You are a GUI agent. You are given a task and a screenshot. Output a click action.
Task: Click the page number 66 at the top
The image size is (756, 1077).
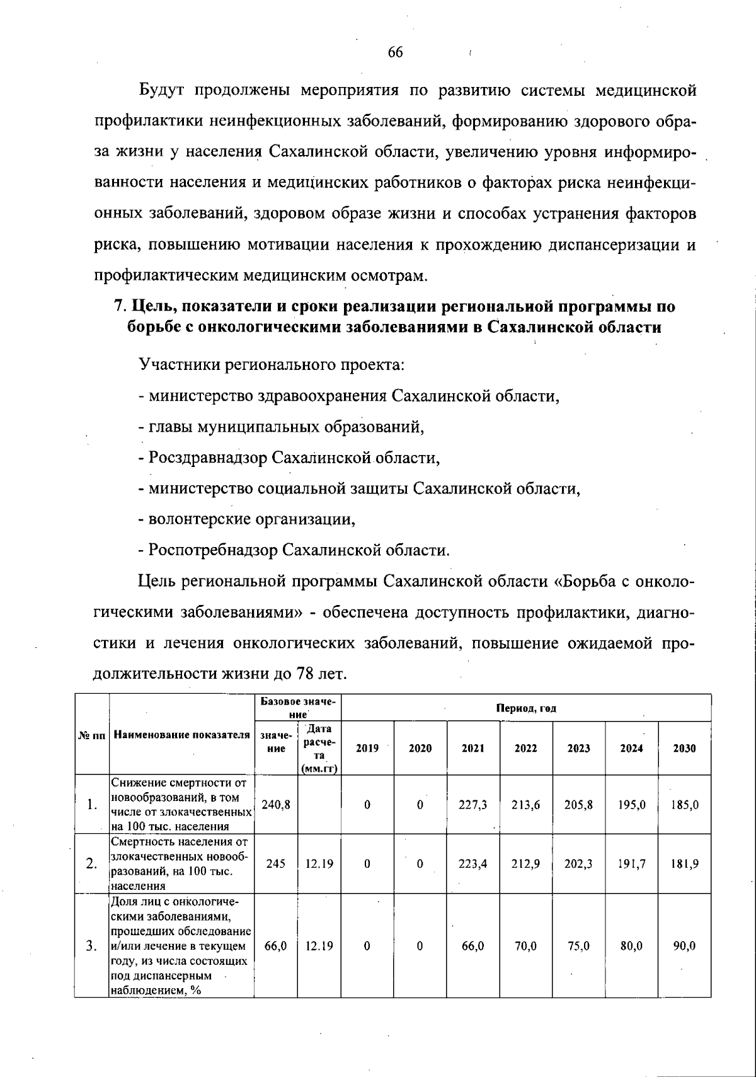tap(395, 52)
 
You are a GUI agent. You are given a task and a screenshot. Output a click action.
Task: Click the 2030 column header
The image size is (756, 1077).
tap(684, 749)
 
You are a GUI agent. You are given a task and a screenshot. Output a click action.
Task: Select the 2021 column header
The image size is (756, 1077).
tap(472, 749)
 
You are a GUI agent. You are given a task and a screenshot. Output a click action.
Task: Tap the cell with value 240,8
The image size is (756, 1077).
tap(275, 805)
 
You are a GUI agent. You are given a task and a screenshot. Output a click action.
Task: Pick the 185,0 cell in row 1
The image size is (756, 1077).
tap(684, 805)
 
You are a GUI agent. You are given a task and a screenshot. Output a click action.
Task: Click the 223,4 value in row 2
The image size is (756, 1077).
tap(472, 864)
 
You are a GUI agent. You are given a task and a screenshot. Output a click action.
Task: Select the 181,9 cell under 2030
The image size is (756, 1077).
tap(684, 864)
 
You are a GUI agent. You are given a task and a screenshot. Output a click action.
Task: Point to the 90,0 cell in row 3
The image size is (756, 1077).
tap(684, 946)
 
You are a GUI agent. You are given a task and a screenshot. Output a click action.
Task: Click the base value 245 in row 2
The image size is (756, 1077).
tap(275, 864)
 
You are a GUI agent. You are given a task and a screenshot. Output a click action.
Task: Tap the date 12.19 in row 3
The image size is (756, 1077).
tap(319, 946)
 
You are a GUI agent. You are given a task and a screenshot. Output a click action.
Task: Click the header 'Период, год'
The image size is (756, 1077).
tap(526, 708)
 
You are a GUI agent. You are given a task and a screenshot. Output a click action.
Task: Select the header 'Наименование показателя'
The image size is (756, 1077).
tap(181, 735)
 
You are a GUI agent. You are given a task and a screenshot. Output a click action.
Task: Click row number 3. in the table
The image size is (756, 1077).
tap(92, 946)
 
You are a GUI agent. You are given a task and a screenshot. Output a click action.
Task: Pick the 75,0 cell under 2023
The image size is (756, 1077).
tap(578, 946)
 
